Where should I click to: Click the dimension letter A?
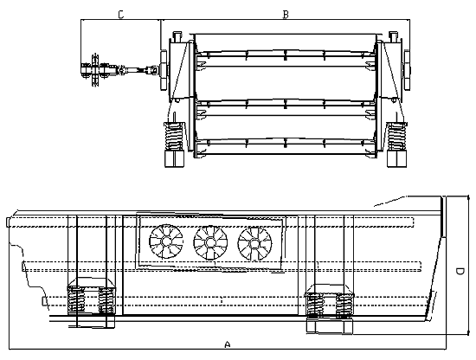coord(228,344)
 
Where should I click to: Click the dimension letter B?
coord(286,14)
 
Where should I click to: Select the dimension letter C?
coord(121,14)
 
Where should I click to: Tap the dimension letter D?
coord(460,271)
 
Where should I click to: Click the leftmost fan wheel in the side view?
coord(166,241)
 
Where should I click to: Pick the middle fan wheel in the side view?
coord(210,243)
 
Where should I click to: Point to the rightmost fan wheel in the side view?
coord(255,244)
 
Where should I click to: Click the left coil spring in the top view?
coord(174,136)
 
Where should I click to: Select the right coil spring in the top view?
coord(396,136)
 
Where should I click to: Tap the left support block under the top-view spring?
coord(174,158)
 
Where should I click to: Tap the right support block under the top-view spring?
coord(396,158)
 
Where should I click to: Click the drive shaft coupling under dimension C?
coord(120,70)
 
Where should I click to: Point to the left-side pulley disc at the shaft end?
coord(164,70)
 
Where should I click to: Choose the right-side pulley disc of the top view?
coord(407,70)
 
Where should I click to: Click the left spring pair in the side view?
coord(91,299)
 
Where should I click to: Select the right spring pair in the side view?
coord(329,305)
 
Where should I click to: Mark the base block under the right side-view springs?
coord(330,326)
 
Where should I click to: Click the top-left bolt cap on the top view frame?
coord(177,36)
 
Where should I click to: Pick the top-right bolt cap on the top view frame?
coord(394,36)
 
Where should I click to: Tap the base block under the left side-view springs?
coord(92,321)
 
